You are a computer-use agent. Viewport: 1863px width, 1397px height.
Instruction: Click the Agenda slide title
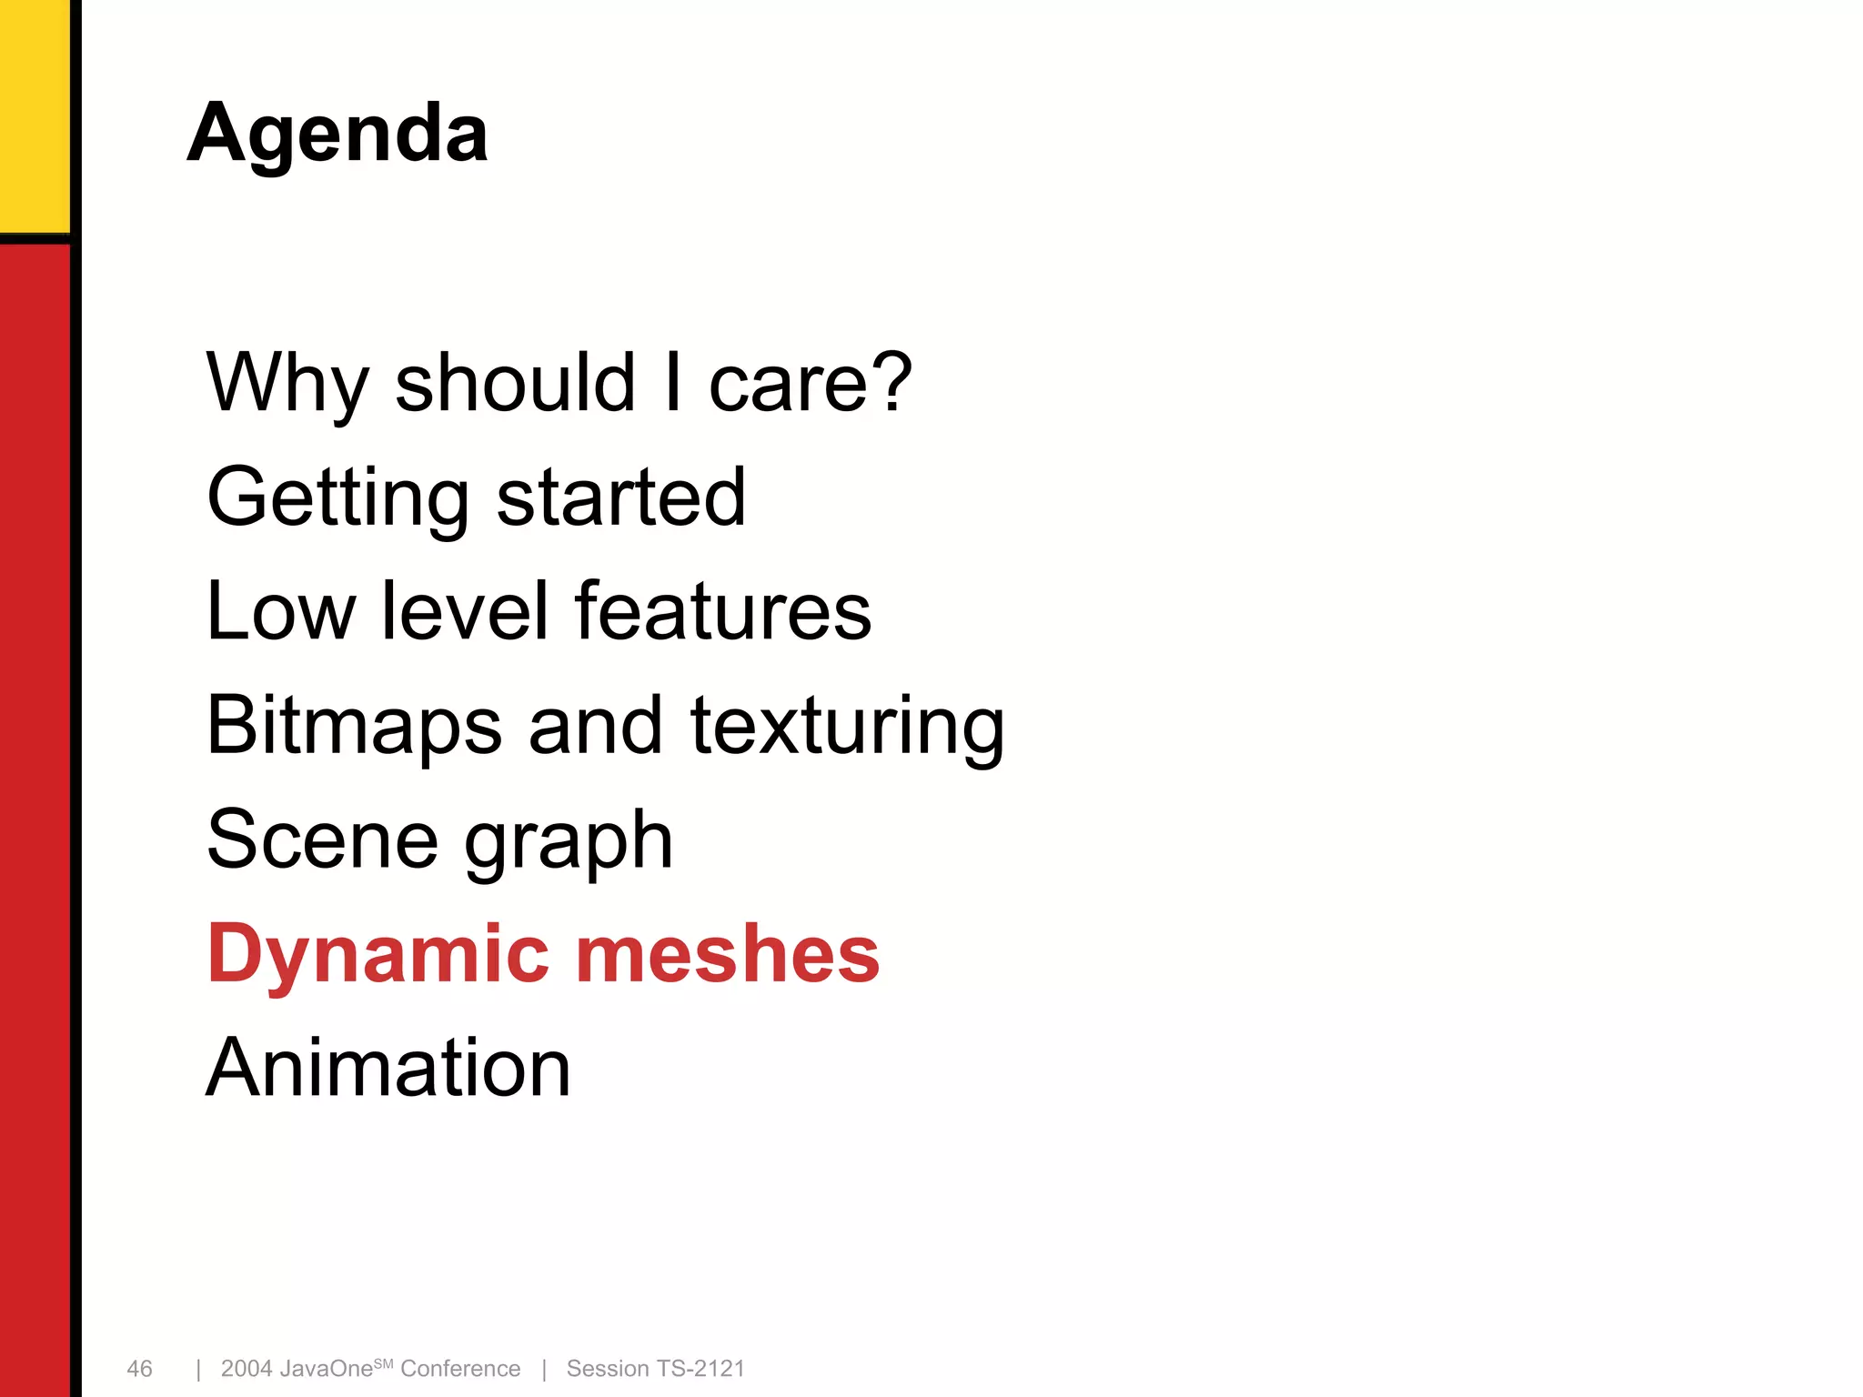pos(337,134)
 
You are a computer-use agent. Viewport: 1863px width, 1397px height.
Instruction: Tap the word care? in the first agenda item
pos(810,383)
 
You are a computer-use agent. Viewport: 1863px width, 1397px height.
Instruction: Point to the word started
pos(621,497)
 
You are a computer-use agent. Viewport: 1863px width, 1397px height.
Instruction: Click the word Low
pos(281,611)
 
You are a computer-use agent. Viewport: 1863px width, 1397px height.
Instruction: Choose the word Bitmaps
pos(355,726)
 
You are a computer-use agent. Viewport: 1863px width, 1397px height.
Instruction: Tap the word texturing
pos(847,726)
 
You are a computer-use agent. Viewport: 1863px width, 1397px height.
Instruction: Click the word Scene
pos(323,839)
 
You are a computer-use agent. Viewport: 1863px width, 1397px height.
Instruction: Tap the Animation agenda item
pos(388,1068)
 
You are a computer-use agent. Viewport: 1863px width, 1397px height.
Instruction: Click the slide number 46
pos(139,1369)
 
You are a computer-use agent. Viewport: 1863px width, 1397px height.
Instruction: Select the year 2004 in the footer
pos(247,1369)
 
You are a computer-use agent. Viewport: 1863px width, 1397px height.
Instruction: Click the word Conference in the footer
pos(460,1369)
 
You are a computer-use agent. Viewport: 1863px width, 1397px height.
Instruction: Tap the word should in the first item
pos(515,383)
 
